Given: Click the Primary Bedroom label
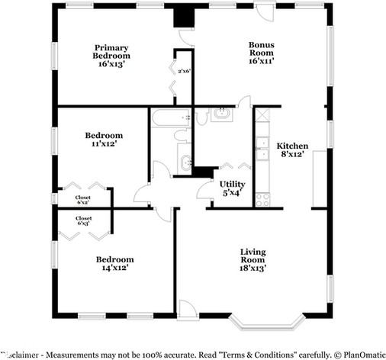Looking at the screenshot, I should (x=111, y=56).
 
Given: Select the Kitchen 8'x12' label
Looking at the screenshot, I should (x=292, y=149).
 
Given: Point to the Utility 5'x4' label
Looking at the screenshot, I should (x=232, y=188).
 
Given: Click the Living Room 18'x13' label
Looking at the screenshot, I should (x=253, y=259).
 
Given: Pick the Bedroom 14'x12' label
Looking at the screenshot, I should (x=111, y=263).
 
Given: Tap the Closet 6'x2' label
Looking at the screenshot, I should (x=82, y=200).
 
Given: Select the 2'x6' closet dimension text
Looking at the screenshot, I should (x=184, y=70).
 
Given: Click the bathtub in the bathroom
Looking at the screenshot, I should (x=170, y=117).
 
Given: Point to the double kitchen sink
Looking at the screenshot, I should (x=262, y=148).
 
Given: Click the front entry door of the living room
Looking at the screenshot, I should (x=188, y=309).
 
